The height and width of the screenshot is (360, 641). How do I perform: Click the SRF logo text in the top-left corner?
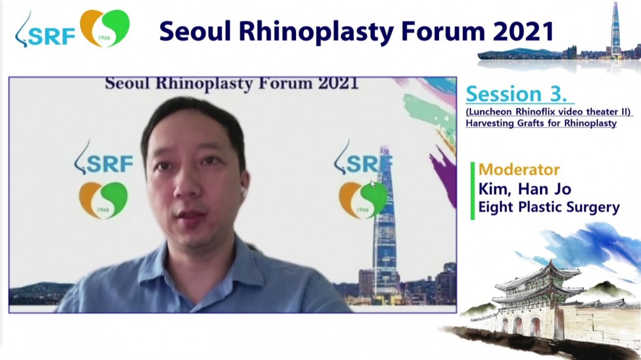(x=52, y=36)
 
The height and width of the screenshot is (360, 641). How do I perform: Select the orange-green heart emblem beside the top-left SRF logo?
(x=104, y=28)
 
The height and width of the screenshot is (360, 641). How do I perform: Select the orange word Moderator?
(x=519, y=170)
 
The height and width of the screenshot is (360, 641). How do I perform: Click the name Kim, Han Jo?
(x=525, y=189)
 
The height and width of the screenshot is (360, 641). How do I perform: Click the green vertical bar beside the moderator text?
(x=472, y=191)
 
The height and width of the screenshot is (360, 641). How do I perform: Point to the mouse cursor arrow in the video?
(x=373, y=184)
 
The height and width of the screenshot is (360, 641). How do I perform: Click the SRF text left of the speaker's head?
(x=110, y=164)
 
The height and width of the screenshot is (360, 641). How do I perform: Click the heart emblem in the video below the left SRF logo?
(x=103, y=200)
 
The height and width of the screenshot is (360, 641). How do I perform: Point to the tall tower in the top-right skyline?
(x=615, y=29)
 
